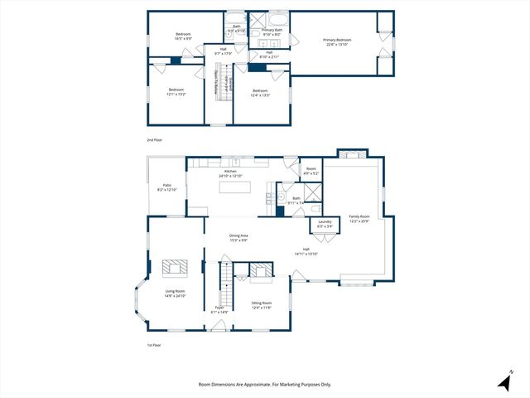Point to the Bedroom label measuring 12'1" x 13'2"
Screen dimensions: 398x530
click(176, 91)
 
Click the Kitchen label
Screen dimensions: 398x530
click(229, 173)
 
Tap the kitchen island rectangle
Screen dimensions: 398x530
click(236, 188)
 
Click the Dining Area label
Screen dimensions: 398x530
click(239, 238)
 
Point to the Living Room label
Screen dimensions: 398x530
click(175, 293)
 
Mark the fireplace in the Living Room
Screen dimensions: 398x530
click(175, 267)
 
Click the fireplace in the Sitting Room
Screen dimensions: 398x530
click(260, 270)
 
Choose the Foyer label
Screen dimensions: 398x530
click(219, 309)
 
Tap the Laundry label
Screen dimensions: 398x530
click(325, 223)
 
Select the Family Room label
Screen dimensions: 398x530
click(359, 217)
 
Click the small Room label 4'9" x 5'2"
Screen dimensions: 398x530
click(311, 171)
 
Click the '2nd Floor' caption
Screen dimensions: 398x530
click(155, 140)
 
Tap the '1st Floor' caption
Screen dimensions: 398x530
click(155, 345)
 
